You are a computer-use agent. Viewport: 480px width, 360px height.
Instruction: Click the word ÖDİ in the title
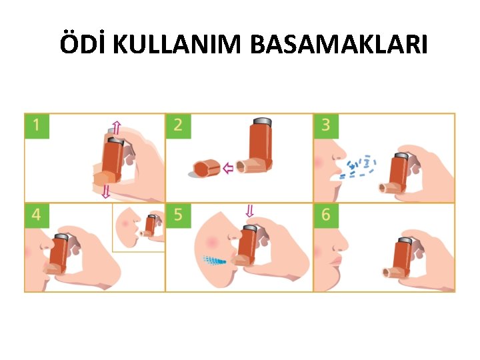pyautogui.click(x=81, y=43)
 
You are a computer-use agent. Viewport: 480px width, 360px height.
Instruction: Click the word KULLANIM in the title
pyautogui.click(x=177, y=45)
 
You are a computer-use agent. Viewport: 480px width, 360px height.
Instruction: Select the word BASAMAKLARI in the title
pyautogui.click(x=339, y=45)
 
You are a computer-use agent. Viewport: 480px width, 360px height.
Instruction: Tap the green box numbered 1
pyautogui.click(x=37, y=126)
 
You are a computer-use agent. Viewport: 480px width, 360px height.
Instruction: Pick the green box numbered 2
pyautogui.click(x=178, y=126)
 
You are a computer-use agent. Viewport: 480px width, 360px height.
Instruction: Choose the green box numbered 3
pyautogui.click(x=326, y=126)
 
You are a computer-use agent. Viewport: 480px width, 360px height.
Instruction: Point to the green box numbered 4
pyautogui.click(x=37, y=215)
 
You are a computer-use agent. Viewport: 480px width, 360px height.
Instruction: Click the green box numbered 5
pyautogui.click(x=178, y=215)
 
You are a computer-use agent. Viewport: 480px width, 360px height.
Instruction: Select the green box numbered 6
pyautogui.click(x=326, y=215)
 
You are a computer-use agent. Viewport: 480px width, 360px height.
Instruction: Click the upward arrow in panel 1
pyautogui.click(x=116, y=127)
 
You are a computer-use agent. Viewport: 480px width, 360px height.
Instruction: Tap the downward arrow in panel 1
pyautogui.click(x=106, y=191)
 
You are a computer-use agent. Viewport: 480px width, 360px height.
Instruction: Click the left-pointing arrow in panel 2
pyautogui.click(x=228, y=168)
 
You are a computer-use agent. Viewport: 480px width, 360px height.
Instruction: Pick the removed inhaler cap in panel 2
pyautogui.click(x=207, y=168)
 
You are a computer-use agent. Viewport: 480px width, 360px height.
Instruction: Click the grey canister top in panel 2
pyautogui.click(x=263, y=121)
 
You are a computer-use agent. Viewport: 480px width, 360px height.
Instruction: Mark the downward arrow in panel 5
pyautogui.click(x=250, y=211)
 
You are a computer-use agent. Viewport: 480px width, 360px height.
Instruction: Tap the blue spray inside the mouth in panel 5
pyautogui.click(x=215, y=260)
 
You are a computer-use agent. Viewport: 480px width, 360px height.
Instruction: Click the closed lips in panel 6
pyautogui.click(x=336, y=261)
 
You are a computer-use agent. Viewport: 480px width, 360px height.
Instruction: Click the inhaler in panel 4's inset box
pyautogui.click(x=150, y=225)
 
